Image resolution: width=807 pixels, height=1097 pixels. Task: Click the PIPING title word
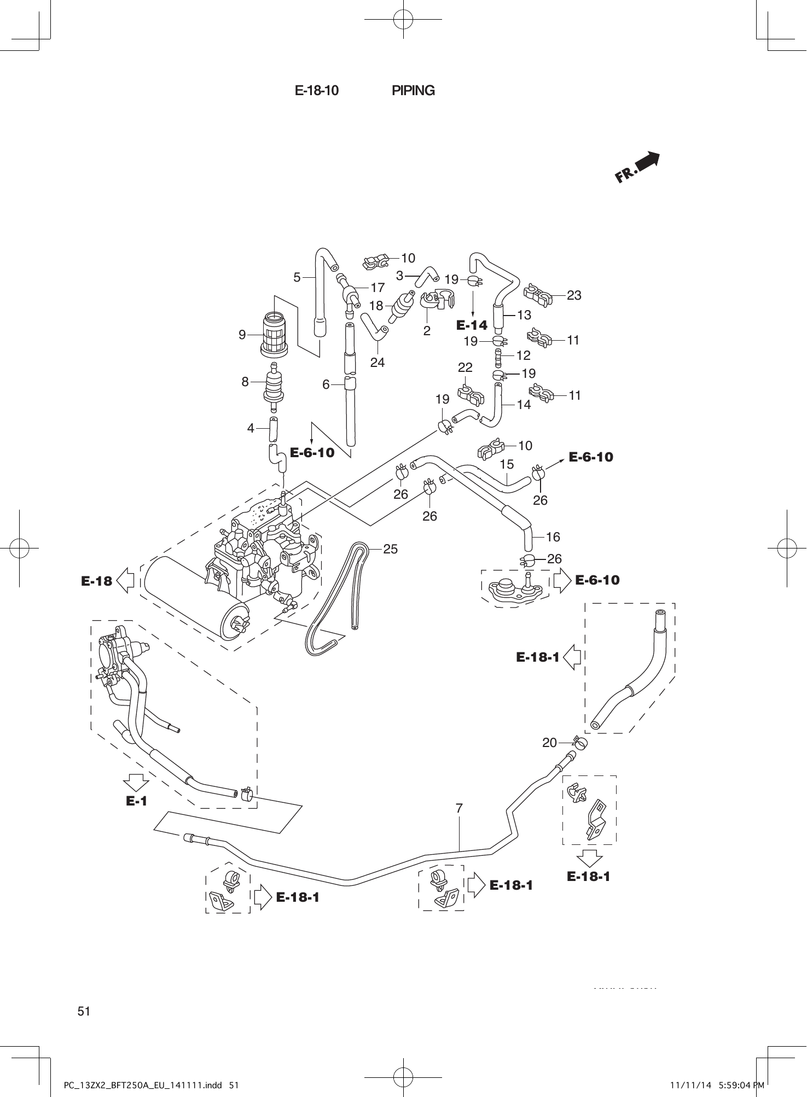pos(413,91)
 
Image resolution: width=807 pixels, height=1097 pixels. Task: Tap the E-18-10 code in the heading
pos(317,91)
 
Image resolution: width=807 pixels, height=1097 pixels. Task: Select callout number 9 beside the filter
pos(242,335)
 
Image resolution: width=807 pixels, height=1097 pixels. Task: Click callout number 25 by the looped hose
pos(390,548)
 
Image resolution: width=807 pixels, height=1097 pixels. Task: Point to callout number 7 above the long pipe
pos(459,807)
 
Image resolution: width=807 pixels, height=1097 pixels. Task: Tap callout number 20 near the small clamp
pos(549,742)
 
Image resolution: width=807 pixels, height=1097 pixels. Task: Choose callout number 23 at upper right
pos(574,295)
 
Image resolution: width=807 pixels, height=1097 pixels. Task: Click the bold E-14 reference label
pos(472,325)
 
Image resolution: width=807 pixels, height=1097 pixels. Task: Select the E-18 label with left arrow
pos(96,581)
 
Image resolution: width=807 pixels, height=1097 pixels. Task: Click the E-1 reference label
pos(137,801)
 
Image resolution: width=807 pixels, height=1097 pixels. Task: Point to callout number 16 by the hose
pos(553,536)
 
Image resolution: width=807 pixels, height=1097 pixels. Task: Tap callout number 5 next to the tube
pos(297,277)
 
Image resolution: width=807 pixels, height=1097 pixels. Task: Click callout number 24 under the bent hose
pos(378,362)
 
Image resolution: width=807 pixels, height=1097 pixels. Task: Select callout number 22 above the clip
pos(465,367)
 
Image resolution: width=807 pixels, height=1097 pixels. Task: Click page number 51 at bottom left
pos(84,1011)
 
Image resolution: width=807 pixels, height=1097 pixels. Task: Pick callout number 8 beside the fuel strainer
pos(245,382)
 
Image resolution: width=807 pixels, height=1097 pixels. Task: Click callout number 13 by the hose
pos(524,315)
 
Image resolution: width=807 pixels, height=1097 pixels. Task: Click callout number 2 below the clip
pos(427,330)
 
